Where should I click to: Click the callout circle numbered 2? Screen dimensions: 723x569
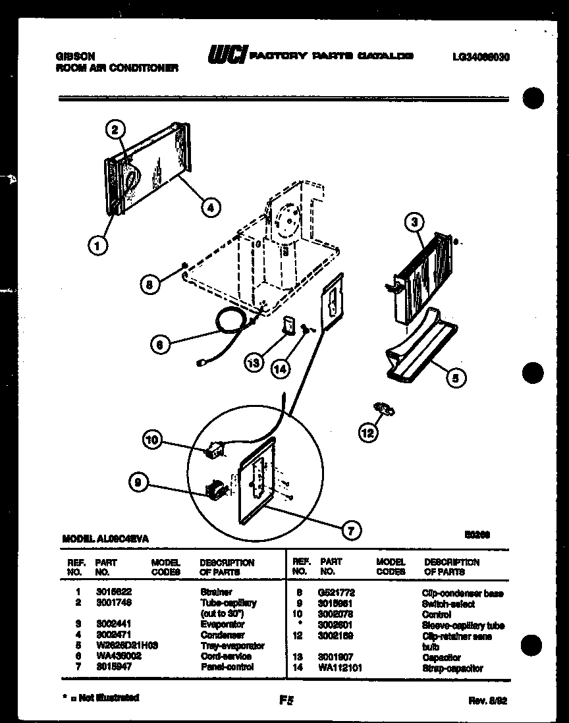(x=115, y=130)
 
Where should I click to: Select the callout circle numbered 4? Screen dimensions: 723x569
(x=209, y=208)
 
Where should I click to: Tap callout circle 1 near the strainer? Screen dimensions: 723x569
(x=97, y=246)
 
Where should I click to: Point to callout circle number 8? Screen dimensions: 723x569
(x=150, y=284)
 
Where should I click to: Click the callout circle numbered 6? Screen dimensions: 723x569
(x=158, y=343)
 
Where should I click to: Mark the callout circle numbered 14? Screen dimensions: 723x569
(x=281, y=369)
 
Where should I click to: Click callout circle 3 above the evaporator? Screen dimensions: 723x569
(x=414, y=223)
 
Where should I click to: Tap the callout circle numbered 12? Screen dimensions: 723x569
(x=367, y=432)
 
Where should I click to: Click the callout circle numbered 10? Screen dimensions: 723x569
(x=153, y=440)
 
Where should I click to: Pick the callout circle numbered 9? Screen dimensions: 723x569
(x=138, y=483)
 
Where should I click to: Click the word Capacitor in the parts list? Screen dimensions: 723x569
(x=441, y=657)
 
